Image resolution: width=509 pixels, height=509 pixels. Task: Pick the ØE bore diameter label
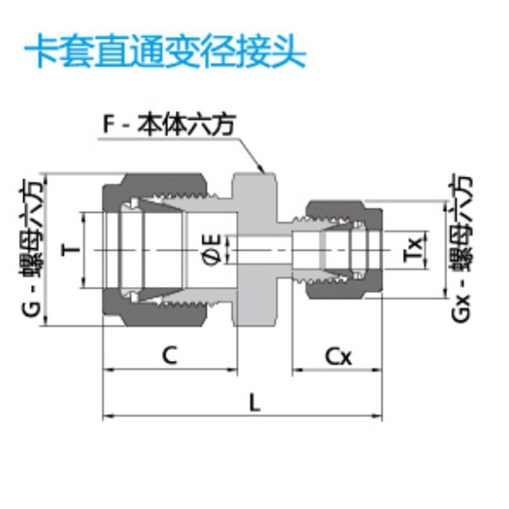[213, 249]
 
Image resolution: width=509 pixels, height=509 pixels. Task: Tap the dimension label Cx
[338, 356]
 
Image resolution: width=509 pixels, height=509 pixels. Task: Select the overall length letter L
[254, 403]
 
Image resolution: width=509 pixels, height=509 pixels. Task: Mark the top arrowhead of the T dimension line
[84, 214]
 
